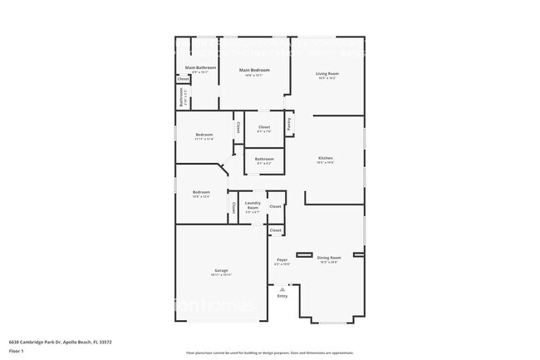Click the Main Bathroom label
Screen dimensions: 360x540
pyautogui.click(x=200, y=67)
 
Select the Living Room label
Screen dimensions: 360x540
pyautogui.click(x=326, y=74)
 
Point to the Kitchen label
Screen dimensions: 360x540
pyautogui.click(x=326, y=158)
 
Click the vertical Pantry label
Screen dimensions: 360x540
pyautogui.click(x=289, y=124)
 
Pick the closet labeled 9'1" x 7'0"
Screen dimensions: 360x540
pyautogui.click(x=263, y=127)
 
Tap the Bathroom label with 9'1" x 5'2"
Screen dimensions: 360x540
pyautogui.click(x=264, y=159)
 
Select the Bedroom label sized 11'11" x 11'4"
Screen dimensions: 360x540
pyautogui.click(x=204, y=135)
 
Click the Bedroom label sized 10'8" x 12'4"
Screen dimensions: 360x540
pyautogui.click(x=201, y=192)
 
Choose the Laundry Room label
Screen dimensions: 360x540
pyautogui.click(x=253, y=205)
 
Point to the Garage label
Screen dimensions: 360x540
pyautogui.click(x=221, y=270)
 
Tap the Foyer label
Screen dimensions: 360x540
pyautogui.click(x=282, y=260)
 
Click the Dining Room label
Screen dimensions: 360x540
pyautogui.click(x=330, y=258)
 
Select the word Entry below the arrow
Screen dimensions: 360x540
pyautogui.click(x=282, y=296)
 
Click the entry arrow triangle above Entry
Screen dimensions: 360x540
pyautogui.click(x=282, y=288)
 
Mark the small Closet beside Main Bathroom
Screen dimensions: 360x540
pyautogui.click(x=183, y=79)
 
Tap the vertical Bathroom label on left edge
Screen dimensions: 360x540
pyautogui.click(x=182, y=97)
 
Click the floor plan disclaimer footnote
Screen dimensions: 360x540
pyautogui.click(x=270, y=353)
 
